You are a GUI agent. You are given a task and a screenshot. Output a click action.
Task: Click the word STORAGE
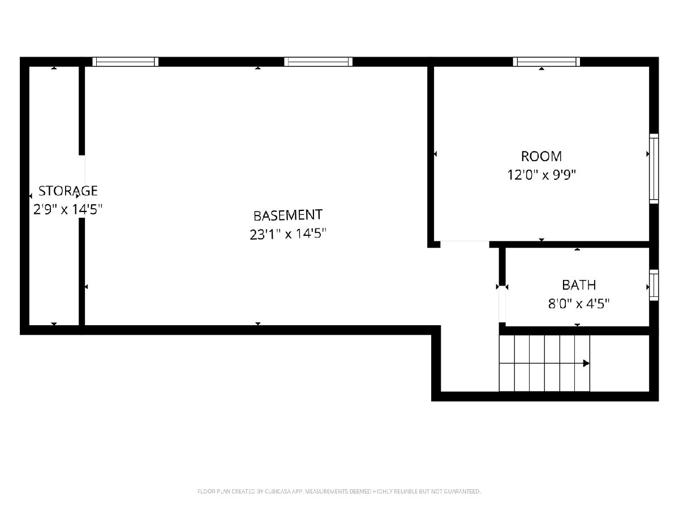click(68, 191)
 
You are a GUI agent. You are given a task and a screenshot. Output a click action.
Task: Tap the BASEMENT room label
click(288, 215)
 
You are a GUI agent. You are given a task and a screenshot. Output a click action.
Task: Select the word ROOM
click(542, 157)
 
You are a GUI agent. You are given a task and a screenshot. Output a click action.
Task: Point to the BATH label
click(579, 285)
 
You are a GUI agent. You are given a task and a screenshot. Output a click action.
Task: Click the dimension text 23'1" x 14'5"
click(288, 234)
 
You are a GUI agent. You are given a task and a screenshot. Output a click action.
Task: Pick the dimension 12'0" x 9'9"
click(542, 175)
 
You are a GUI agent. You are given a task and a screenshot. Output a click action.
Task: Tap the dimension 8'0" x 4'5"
click(579, 304)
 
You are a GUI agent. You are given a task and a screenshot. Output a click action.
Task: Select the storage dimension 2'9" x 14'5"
click(68, 209)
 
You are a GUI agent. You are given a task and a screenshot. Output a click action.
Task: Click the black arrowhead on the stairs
click(586, 363)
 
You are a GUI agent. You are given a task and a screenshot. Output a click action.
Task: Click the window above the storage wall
click(125, 62)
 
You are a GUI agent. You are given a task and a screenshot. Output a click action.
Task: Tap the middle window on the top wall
click(319, 62)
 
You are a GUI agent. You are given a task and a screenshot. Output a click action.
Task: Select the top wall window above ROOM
click(547, 62)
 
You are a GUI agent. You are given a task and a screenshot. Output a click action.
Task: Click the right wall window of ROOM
click(654, 169)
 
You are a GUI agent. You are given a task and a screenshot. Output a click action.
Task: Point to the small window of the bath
click(654, 285)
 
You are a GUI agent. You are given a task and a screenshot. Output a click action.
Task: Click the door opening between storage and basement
click(82, 187)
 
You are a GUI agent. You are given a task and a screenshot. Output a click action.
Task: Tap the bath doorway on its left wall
click(502, 304)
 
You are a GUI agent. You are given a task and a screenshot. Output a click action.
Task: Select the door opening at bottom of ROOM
click(465, 244)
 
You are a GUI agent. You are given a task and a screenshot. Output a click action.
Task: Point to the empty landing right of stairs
click(619, 363)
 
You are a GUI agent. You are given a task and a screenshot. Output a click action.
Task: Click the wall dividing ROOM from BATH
click(569, 244)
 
